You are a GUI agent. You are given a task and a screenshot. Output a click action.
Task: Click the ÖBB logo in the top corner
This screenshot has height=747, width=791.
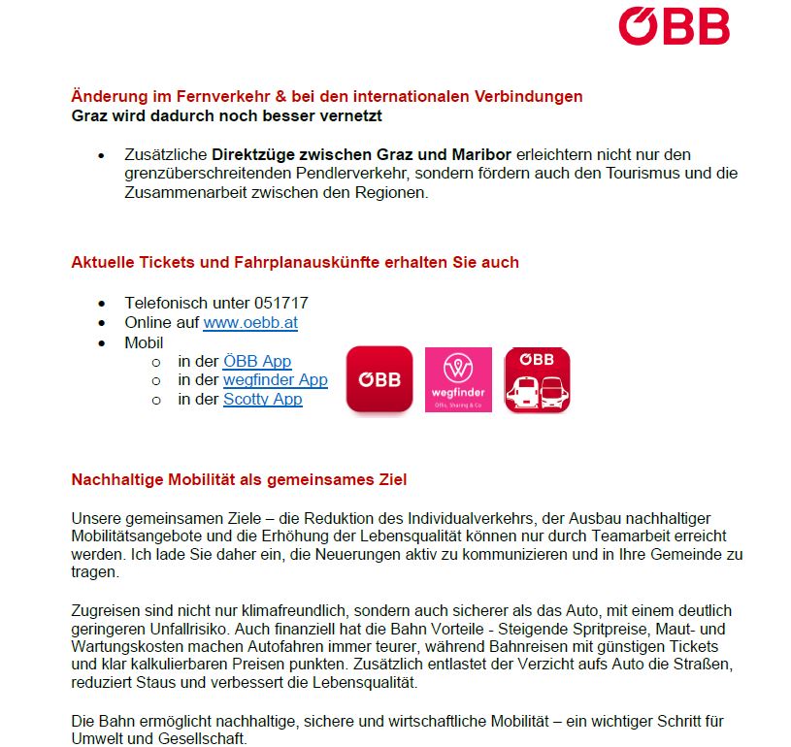pos(674,26)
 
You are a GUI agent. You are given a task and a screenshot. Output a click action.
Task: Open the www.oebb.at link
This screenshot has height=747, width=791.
pos(249,323)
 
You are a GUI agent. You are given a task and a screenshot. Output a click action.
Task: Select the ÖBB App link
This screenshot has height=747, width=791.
pos(257,361)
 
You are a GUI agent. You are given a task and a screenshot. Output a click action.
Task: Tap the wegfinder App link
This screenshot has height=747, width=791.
pos(276,380)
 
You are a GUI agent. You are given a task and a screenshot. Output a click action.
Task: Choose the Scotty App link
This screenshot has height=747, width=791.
pos(262,400)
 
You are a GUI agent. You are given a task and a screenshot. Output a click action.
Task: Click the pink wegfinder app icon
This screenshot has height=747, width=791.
pos(458,379)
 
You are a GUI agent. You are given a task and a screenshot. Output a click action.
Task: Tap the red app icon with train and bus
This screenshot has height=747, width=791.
pos(537,379)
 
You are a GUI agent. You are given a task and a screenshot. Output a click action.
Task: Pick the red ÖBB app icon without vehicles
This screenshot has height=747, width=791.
pos(379,379)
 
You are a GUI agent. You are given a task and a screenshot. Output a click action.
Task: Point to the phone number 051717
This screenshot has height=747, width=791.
pos(281,304)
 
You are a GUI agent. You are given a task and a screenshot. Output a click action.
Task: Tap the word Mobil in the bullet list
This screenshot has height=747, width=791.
pos(144,342)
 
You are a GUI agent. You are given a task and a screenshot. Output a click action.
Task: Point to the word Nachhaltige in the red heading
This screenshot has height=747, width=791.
pos(115,479)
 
